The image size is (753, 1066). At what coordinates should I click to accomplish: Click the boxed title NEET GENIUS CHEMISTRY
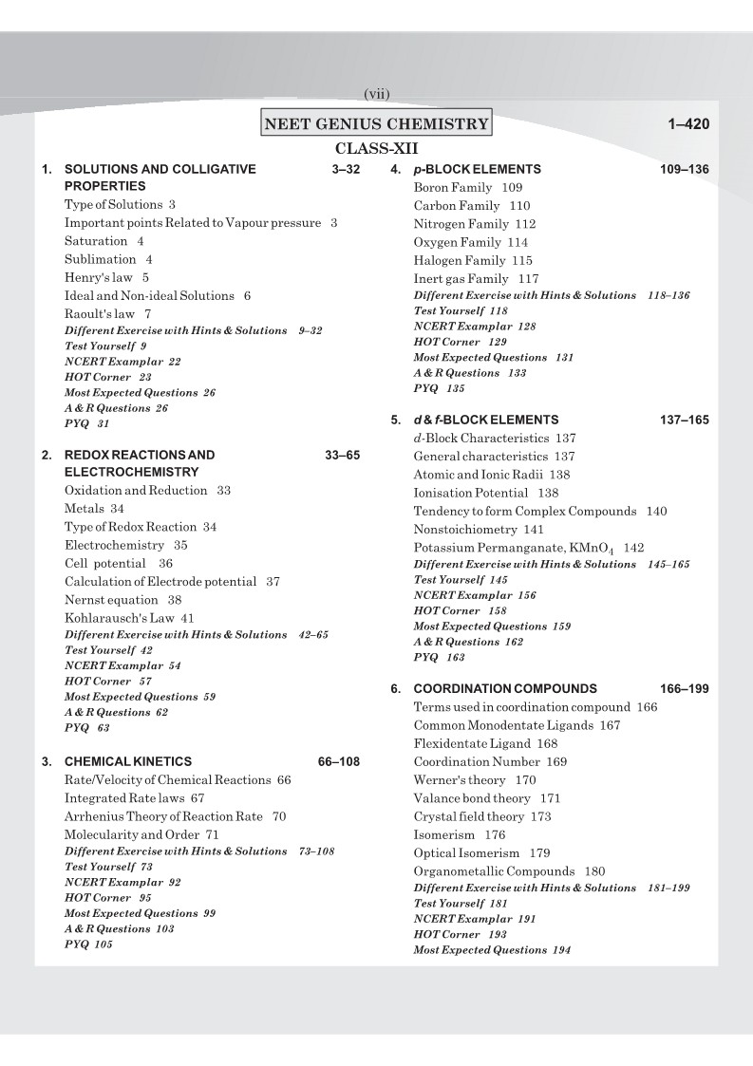(377, 123)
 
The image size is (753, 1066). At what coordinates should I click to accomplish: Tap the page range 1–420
(688, 124)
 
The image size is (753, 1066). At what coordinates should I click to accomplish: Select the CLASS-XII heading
(377, 149)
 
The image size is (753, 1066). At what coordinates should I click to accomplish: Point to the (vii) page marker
(377, 93)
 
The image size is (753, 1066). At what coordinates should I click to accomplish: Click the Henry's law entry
(106, 277)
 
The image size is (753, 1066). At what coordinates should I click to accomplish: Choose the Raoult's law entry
(107, 313)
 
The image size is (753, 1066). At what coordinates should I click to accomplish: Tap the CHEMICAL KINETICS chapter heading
(127, 761)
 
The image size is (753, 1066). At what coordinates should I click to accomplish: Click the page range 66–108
(339, 761)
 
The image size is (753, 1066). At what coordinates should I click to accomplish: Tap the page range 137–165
(684, 420)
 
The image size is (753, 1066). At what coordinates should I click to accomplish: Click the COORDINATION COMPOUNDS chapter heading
(505, 688)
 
